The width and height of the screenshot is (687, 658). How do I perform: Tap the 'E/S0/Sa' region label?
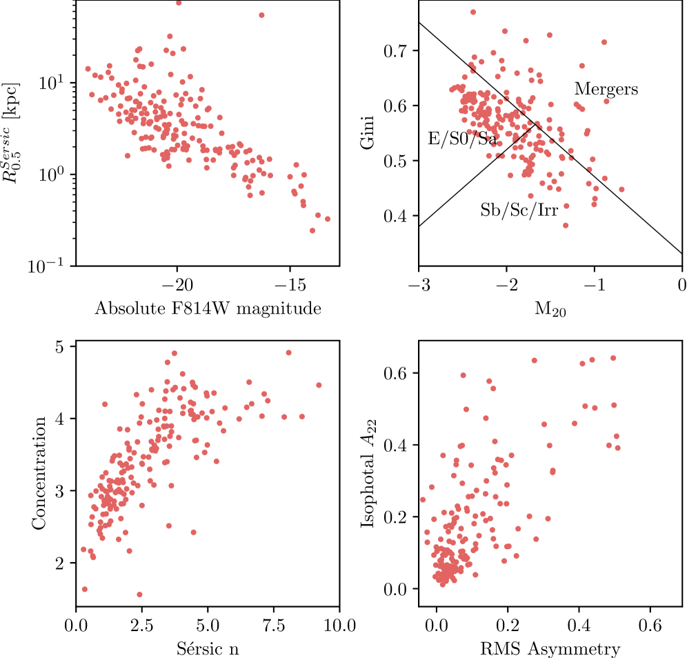462,139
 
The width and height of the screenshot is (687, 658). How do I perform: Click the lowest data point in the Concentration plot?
139,595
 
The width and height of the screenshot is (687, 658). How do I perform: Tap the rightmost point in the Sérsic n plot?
319,385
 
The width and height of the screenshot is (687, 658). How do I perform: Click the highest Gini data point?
473,12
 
